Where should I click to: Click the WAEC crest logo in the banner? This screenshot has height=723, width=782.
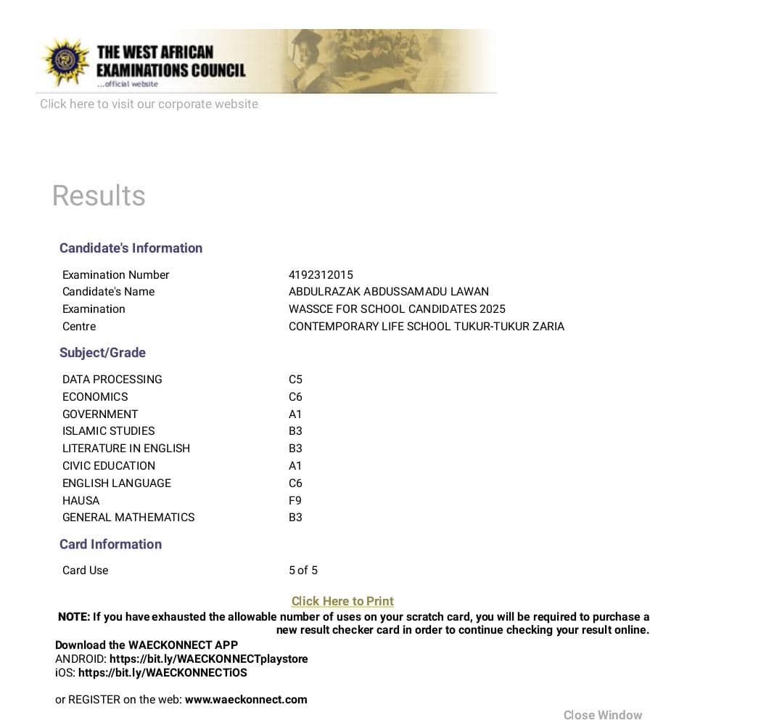66,61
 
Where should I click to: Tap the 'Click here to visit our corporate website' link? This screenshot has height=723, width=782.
149,104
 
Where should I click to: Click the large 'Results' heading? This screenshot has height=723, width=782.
99,195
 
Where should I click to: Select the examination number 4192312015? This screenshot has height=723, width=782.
321,274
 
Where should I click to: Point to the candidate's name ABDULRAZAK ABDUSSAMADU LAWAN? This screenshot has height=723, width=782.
389,291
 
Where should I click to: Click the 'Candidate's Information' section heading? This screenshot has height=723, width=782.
131,248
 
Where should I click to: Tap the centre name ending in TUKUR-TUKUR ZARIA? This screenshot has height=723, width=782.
427,326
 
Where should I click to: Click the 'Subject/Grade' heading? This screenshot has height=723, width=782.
102,352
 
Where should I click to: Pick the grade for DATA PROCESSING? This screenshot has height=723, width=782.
295,379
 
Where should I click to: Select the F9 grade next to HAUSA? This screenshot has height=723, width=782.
295,500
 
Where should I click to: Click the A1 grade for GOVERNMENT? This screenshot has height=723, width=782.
295,414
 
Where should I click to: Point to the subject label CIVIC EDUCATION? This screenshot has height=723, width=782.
109,465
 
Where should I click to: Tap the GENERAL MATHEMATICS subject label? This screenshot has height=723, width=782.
128,517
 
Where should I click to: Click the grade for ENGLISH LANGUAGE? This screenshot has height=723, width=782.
295,483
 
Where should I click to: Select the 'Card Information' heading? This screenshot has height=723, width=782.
110,544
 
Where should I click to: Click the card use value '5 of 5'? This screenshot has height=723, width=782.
303,570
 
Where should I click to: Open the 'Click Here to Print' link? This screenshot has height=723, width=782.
342,601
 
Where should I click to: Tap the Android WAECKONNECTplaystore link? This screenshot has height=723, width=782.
209,658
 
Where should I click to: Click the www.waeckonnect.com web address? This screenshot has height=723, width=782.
246,699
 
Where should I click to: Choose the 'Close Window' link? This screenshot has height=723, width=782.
603,715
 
